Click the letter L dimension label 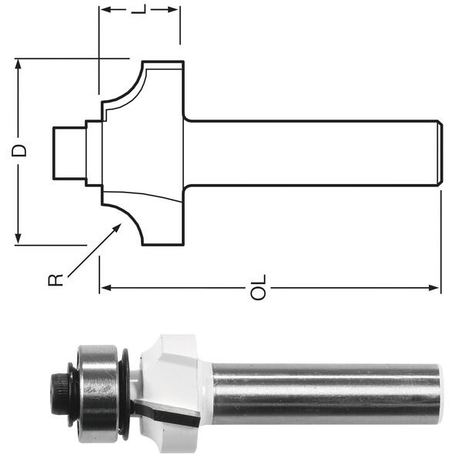click(x=139, y=9)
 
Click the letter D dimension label click(x=18, y=151)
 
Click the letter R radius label click(x=55, y=279)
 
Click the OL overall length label click(x=258, y=287)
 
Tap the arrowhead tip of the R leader click(x=121, y=224)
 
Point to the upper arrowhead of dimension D click(x=18, y=59)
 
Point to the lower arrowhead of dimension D click(x=18, y=243)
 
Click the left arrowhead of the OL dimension click(x=101, y=288)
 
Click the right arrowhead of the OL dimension click(x=440, y=288)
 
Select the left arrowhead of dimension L click(x=101, y=9)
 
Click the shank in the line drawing click(x=313, y=152)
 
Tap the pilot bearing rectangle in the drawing click(x=69, y=153)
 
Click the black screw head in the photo click(x=60, y=393)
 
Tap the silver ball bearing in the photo click(x=98, y=393)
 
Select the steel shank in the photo click(x=327, y=393)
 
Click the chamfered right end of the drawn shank click(x=440, y=152)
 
